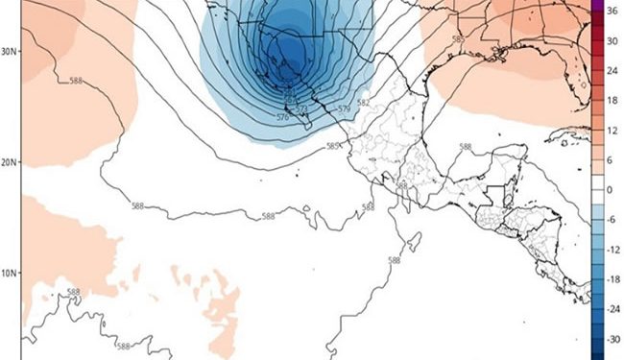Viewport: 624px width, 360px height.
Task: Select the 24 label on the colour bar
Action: [x=610, y=71]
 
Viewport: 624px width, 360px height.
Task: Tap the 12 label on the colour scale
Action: [x=610, y=130]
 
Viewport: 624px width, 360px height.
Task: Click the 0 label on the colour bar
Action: [x=609, y=190]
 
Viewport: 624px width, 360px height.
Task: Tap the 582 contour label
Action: [x=363, y=103]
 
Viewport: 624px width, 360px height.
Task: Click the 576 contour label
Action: [x=283, y=117]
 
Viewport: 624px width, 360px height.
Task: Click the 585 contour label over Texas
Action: [x=457, y=39]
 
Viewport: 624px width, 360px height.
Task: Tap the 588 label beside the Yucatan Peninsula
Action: [x=466, y=147]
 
